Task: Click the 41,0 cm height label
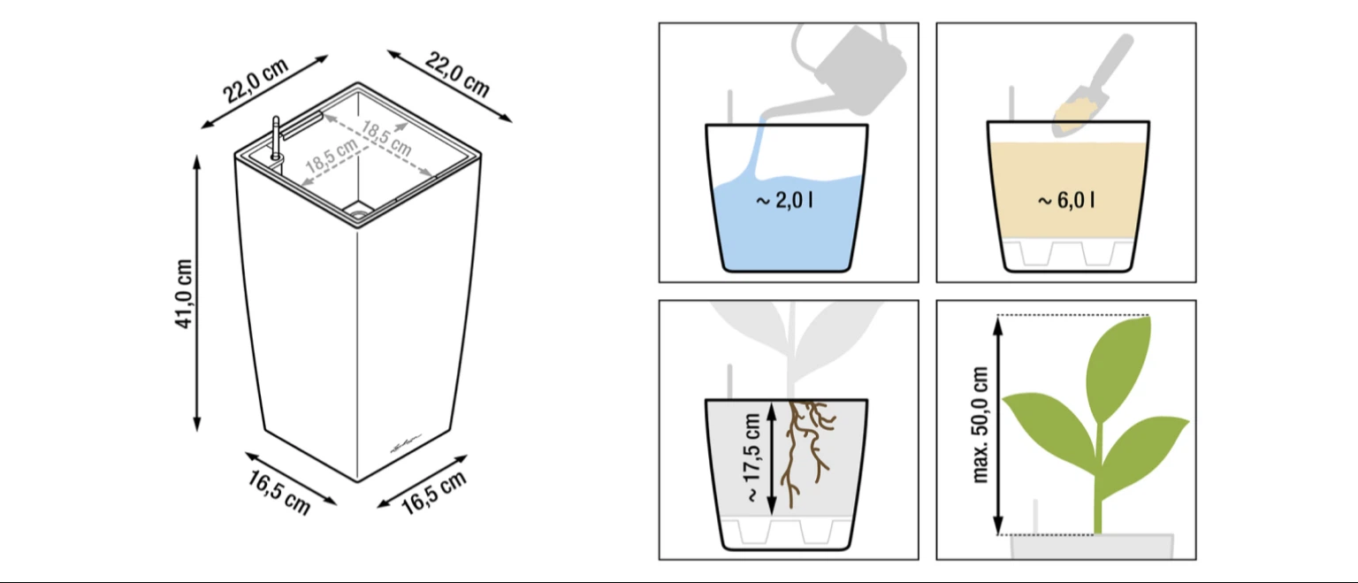tap(184, 294)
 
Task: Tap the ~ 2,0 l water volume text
tap(784, 200)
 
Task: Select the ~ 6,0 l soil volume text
tap(1066, 200)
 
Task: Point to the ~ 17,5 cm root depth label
tap(752, 458)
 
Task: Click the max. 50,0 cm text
tap(980, 425)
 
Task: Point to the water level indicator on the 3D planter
tap(277, 139)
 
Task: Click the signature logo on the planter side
tap(406, 445)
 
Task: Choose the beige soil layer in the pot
tap(1068, 189)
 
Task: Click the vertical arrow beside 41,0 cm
tap(196, 294)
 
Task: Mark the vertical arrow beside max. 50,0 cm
tap(998, 426)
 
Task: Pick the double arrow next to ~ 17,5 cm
tap(772, 459)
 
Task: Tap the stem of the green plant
tap(1098, 479)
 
